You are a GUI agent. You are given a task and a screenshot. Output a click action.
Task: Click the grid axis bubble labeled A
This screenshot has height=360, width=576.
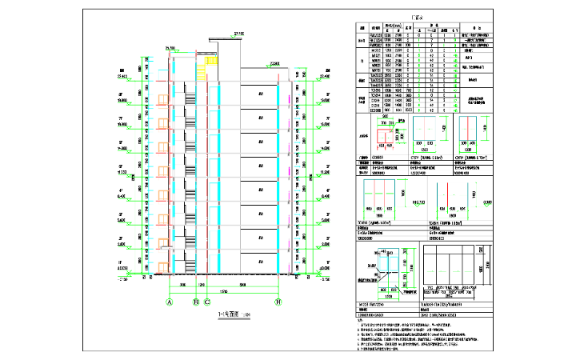coord(170,302)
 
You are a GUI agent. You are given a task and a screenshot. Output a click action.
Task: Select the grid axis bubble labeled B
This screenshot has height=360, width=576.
coord(196,302)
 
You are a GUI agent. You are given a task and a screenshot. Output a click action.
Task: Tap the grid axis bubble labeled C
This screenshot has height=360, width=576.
coord(207,302)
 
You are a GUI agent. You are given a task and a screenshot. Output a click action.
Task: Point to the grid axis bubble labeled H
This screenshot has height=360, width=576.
coord(278,302)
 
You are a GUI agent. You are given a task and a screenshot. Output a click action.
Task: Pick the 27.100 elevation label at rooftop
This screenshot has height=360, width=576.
coord(238,33)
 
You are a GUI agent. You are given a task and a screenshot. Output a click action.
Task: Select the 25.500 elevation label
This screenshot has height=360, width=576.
coord(170,49)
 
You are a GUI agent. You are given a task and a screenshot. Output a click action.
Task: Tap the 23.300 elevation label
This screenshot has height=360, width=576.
coord(275,62)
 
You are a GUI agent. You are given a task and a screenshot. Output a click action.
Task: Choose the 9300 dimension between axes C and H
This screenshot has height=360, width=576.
coord(243,284)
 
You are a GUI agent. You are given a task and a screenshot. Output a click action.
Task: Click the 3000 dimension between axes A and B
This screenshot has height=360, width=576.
coord(182,284)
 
